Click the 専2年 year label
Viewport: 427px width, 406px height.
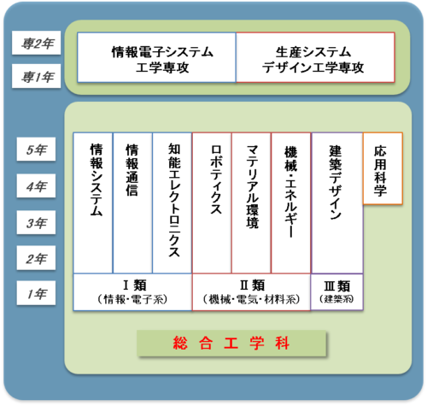tap(37, 43)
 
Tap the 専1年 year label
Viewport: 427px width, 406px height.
tap(37, 76)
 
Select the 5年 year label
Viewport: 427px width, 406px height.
tap(36, 149)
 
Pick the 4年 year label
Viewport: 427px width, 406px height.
tap(36, 185)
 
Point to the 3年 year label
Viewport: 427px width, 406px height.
tap(36, 222)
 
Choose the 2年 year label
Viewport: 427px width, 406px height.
tap(36, 258)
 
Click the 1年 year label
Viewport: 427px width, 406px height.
tap(36, 293)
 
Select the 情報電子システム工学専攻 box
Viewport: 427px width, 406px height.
tap(156, 57)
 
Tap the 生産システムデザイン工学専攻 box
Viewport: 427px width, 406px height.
tap(315, 57)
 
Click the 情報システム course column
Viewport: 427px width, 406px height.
tap(93, 203)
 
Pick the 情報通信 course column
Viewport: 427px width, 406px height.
tap(132, 203)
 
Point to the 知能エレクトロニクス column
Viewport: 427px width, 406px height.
tap(173, 203)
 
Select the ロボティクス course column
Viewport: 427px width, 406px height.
tap(212, 203)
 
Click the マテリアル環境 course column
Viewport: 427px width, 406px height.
tap(251, 203)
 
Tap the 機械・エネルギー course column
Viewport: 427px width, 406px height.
tap(291, 203)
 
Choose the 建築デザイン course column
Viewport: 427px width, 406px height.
tap(337, 203)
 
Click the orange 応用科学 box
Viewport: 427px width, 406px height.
tap(383, 168)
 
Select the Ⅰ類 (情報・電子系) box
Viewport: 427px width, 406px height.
tap(132, 292)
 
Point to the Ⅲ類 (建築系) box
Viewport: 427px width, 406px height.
tap(336, 292)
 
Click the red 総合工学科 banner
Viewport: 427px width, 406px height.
tap(231, 344)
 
